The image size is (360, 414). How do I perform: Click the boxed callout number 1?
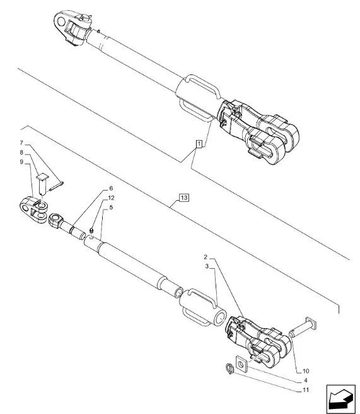199,144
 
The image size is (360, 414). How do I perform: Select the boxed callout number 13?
184,198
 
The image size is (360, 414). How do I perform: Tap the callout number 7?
21,143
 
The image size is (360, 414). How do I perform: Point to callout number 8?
21,153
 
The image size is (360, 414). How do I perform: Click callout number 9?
21,162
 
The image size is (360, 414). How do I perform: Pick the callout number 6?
111,188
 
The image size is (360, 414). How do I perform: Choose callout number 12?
111,198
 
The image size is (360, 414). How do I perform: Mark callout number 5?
111,207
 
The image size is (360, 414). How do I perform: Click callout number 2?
206,257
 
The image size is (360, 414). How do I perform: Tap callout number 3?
207,266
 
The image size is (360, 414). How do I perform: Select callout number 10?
306,371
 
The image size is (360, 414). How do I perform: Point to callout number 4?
306,381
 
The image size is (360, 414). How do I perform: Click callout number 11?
306,390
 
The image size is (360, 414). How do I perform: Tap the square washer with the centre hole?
241,364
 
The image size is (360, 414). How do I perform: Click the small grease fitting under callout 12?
91,231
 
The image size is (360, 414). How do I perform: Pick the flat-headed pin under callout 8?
42,184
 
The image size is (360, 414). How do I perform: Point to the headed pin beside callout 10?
303,328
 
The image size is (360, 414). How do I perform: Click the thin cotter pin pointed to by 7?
56,186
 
